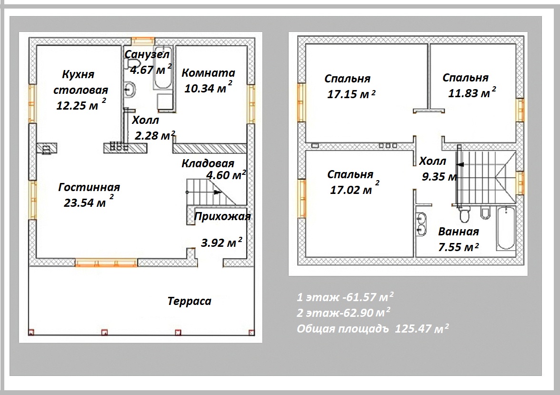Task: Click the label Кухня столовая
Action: (x=81, y=82)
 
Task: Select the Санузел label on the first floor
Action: (x=147, y=54)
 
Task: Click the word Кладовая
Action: (x=208, y=163)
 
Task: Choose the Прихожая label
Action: (x=222, y=216)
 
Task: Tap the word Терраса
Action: (x=190, y=301)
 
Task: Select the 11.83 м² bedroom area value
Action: (x=472, y=92)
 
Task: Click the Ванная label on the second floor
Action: (x=459, y=232)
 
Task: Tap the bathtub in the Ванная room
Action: (x=506, y=228)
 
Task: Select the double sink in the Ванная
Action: (x=421, y=224)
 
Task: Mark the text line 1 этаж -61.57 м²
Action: (x=345, y=297)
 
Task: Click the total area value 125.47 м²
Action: (x=422, y=328)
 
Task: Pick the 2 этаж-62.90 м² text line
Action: (x=343, y=313)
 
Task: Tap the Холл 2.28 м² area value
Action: (x=155, y=135)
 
